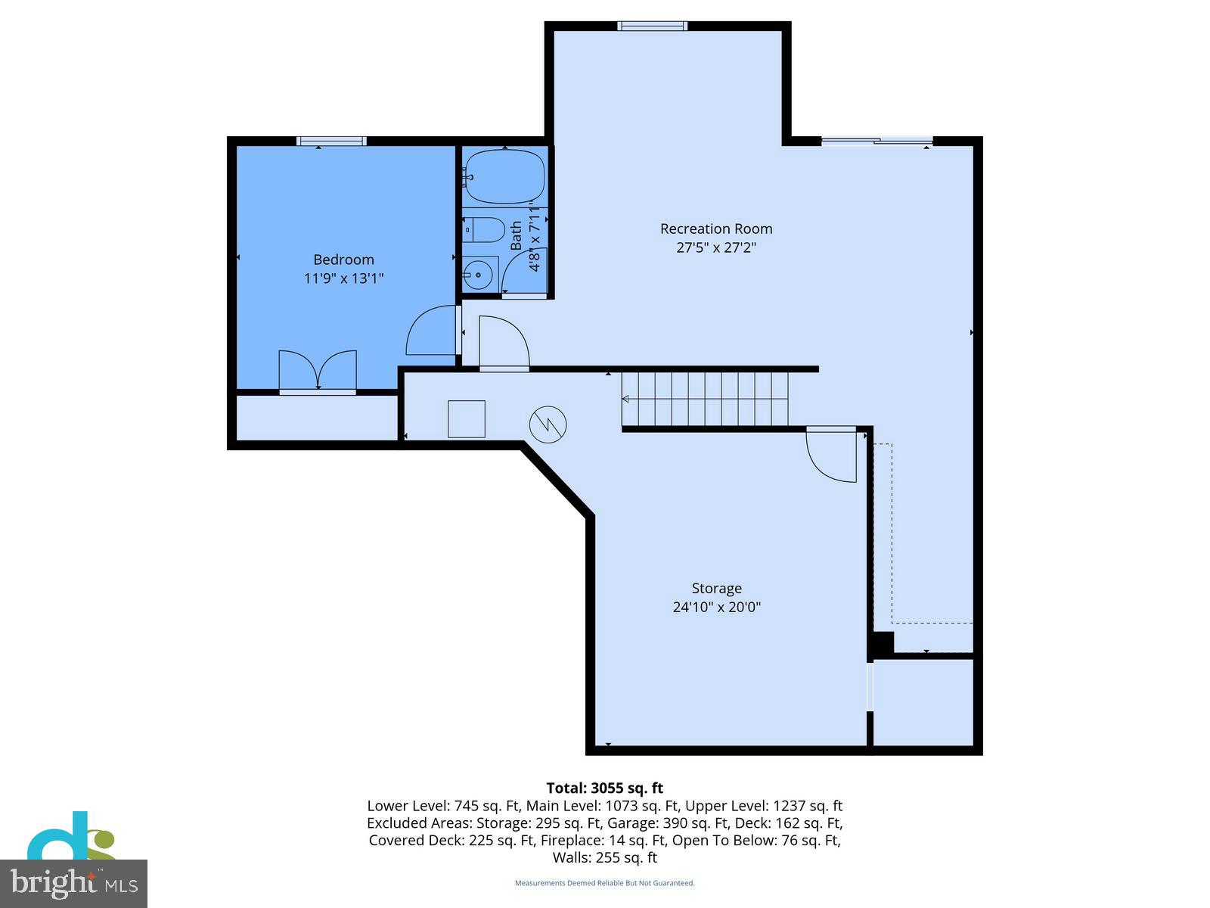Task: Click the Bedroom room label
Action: (x=343, y=260)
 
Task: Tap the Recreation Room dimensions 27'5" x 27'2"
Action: (x=716, y=247)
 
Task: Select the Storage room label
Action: (x=716, y=588)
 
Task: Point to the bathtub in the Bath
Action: (x=504, y=175)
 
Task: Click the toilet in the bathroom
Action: (x=485, y=229)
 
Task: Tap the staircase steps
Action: (x=706, y=400)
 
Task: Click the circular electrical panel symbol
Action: (x=548, y=424)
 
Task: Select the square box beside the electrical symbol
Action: (x=467, y=419)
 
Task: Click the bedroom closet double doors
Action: (x=318, y=371)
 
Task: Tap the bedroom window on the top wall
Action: (x=331, y=141)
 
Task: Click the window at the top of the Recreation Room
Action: (x=652, y=26)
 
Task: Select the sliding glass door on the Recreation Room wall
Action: (x=877, y=141)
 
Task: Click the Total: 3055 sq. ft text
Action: (x=605, y=788)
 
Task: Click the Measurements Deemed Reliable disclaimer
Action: (x=605, y=883)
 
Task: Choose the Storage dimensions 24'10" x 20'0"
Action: (x=716, y=607)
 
